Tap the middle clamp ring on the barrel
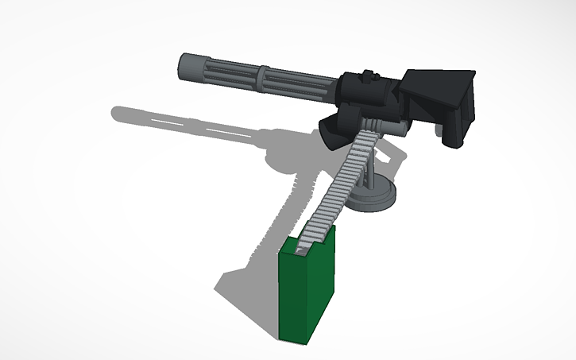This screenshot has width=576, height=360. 263,75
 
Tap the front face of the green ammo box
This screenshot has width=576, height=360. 298,294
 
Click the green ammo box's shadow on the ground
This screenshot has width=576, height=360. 246,278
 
